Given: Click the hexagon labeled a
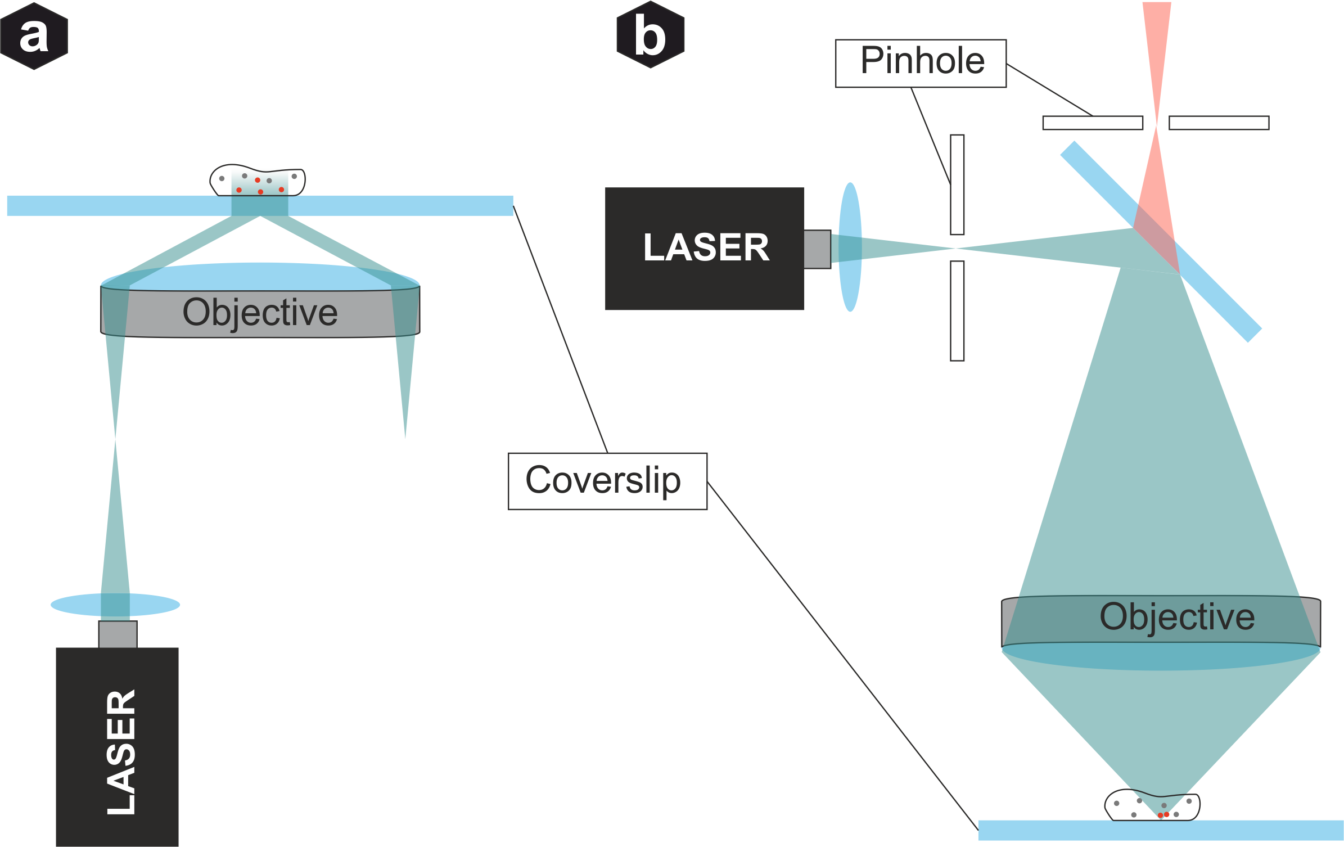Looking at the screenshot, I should pos(34,35).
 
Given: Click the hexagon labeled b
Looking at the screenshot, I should pos(651,35).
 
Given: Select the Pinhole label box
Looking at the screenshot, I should pos(921,63).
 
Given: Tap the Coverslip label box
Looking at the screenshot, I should pos(607,481).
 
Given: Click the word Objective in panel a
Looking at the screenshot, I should pos(260,313).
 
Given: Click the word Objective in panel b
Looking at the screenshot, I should pos(1176,617).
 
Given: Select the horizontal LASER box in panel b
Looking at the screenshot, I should pos(705,249).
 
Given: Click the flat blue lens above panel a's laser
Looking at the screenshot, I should pos(115,605).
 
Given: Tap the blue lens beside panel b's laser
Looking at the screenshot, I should pos(850,247).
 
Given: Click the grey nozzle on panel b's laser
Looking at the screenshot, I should pos(817,249).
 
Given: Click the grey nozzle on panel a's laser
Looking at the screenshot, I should pos(118,634).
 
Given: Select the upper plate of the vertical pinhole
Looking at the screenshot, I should pos(957,184).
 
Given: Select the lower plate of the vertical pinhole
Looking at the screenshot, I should pos(957,310).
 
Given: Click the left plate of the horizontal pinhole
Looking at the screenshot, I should pos(1092,123).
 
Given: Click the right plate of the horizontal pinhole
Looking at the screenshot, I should pos(1219,123).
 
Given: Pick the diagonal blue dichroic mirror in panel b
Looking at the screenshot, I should pos(1220,292).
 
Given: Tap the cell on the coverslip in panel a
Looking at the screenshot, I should pos(258,181).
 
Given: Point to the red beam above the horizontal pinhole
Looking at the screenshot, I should pos(1157,51).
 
